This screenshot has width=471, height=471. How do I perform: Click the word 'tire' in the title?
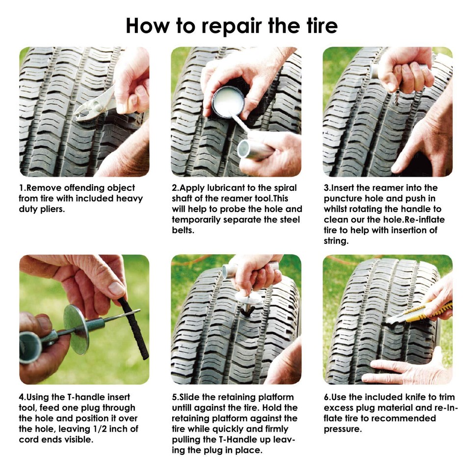(x=317, y=25)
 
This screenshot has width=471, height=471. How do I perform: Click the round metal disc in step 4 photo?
(x=78, y=329)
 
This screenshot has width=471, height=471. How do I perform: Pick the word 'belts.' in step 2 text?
(x=183, y=230)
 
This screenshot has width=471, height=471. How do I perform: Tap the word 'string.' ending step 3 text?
(x=337, y=241)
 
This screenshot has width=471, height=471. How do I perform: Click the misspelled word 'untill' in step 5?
(x=183, y=408)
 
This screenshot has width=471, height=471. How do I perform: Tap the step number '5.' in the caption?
(x=175, y=397)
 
